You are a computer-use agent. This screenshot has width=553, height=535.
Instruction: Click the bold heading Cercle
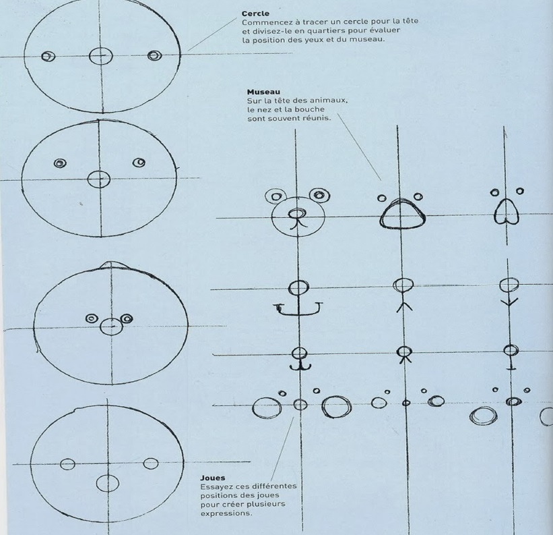tap(255, 13)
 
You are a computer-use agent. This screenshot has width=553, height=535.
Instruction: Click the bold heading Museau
tap(263, 92)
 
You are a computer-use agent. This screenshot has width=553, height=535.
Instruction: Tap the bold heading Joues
tap(212, 478)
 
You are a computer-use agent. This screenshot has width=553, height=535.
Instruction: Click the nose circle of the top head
tap(101, 56)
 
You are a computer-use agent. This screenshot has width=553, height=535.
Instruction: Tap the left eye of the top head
tap(48, 56)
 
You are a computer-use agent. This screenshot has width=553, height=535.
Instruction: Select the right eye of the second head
tap(139, 163)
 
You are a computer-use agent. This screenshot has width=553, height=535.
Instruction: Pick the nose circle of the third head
tap(111, 327)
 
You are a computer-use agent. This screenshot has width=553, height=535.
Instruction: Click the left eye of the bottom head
tap(67, 464)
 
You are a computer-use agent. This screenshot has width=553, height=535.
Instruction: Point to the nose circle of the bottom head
tap(108, 483)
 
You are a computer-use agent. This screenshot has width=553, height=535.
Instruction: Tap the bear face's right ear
tap(319, 195)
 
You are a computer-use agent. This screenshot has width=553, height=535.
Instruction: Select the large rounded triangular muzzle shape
tap(402, 214)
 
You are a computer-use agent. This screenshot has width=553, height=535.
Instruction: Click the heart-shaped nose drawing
tap(507, 211)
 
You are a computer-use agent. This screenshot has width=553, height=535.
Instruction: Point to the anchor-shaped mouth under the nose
tap(298, 308)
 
